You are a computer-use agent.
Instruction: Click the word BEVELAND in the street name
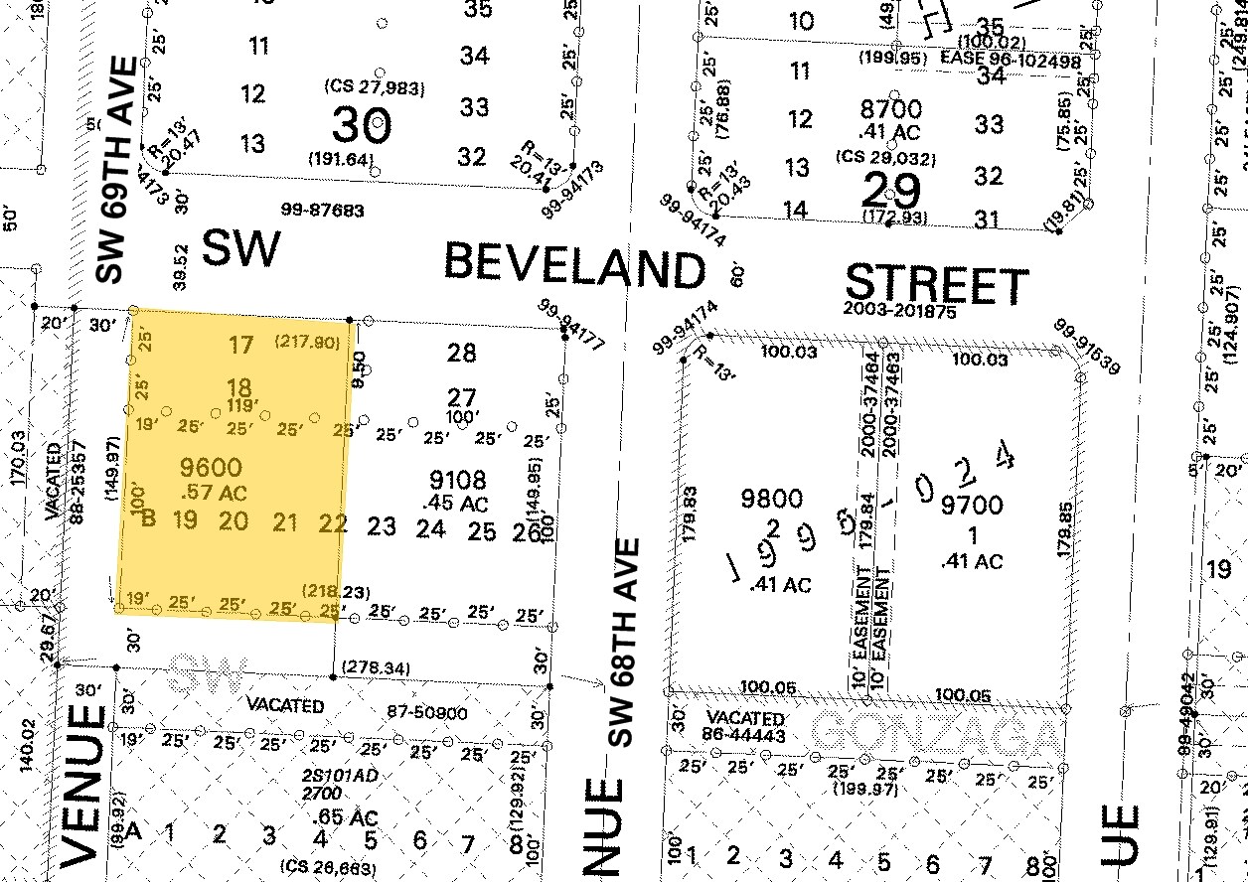click(573, 266)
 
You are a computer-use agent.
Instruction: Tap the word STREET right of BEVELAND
click(936, 285)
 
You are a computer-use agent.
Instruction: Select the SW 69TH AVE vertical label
click(116, 169)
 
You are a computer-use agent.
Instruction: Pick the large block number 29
click(890, 191)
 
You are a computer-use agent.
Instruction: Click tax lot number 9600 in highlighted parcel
click(211, 467)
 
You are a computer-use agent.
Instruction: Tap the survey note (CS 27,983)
click(375, 88)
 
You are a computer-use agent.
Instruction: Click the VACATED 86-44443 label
click(745, 727)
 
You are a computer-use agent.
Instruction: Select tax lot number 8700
click(891, 109)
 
